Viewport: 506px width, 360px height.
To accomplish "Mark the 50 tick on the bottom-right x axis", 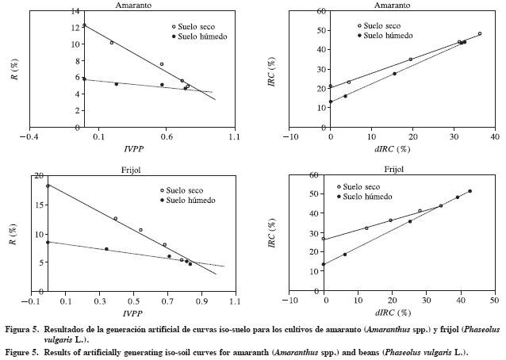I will pyautogui.click(x=493, y=302).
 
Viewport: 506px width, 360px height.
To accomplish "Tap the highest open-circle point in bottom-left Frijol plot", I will pyautogui.click(x=48, y=186).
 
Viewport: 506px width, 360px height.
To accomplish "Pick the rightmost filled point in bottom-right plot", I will pyautogui.click(x=470, y=191).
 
